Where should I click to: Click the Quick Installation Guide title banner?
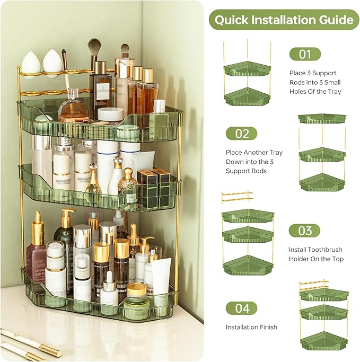284,20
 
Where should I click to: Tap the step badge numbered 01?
305,54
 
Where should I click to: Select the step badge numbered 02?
241,134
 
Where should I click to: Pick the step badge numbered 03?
304,231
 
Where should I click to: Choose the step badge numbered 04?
241,308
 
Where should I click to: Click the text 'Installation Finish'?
251,327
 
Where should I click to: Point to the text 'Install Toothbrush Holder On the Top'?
316,254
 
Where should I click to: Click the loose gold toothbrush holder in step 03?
236,197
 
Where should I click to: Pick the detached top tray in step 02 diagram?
321,119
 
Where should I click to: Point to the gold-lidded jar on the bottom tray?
137,295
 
